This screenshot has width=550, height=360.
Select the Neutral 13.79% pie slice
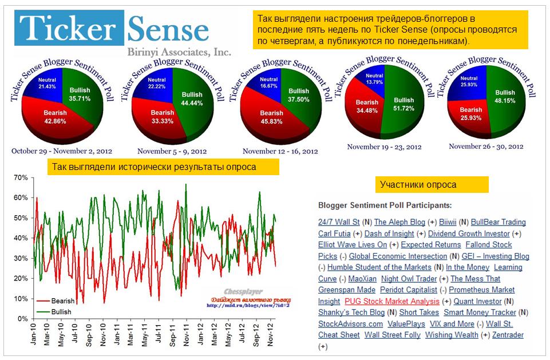tap(373, 79)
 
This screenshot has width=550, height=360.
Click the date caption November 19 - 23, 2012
tap(384, 147)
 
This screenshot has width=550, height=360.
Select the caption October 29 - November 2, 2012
tap(62, 151)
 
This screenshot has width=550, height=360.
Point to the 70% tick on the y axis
tap(21, 177)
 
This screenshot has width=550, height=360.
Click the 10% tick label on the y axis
tap(21, 298)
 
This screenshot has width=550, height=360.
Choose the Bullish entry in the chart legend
tap(60, 312)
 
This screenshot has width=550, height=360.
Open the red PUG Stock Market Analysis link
tap(391, 301)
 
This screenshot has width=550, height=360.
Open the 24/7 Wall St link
tap(339, 222)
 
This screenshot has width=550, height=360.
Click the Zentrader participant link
tap(508, 335)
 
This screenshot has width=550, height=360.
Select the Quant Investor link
tap(478, 301)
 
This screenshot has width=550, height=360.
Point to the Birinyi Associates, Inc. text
tap(179, 52)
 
